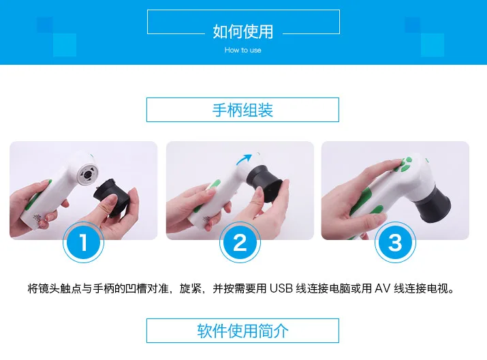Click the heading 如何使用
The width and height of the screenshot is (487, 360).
(243, 31)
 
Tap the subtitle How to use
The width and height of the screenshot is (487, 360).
(243, 50)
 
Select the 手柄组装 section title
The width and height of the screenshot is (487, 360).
(242, 110)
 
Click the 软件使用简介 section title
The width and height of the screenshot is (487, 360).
(242, 331)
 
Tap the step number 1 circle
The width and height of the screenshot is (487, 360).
(83, 242)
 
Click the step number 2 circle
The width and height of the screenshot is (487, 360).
(240, 243)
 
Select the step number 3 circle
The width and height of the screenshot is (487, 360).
(395, 243)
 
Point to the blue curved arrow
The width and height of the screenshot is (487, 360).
(243, 159)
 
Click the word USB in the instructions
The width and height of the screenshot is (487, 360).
(281, 288)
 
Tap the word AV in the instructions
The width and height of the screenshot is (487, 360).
(382, 288)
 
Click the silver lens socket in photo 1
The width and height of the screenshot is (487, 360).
(88, 172)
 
